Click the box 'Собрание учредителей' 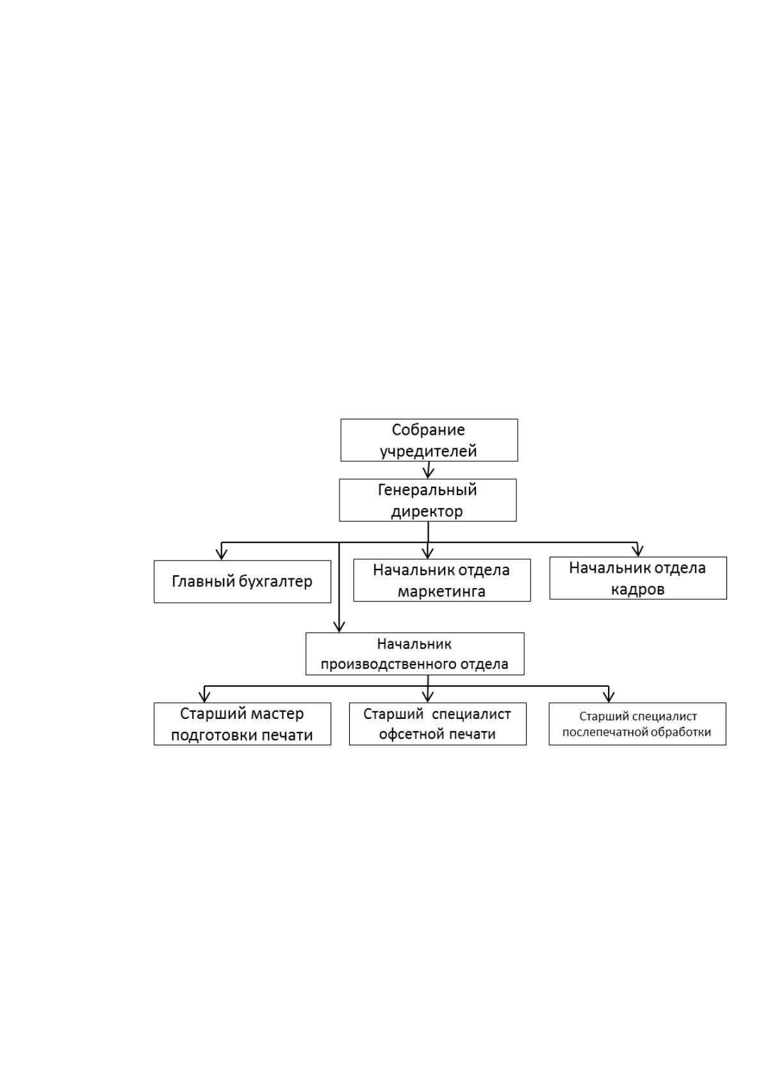tap(429, 440)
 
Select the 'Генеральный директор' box tap(428, 500)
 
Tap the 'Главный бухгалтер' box tap(242, 582)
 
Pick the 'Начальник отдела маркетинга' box tap(442, 580)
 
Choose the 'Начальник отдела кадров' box tap(638, 578)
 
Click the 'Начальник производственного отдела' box tap(414, 654)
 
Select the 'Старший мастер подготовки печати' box tap(242, 723)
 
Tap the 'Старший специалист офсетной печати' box tap(438, 723)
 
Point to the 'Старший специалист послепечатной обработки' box tap(637, 723)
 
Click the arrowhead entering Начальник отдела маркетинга tap(428, 553)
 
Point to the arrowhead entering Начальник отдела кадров tap(638, 551)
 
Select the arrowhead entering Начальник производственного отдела tap(339, 626)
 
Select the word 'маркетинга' tap(441, 591)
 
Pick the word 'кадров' tap(638, 589)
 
